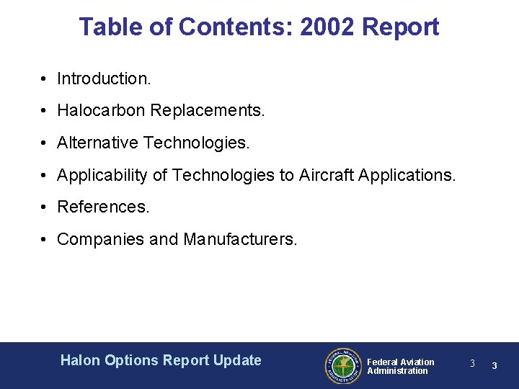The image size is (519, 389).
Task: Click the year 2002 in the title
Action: (x=328, y=27)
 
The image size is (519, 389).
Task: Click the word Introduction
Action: (x=104, y=79)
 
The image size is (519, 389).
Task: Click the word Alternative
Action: (x=97, y=143)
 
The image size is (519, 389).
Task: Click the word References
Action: (x=103, y=207)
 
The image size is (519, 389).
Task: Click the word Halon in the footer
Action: (x=81, y=360)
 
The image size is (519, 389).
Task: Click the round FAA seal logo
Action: (x=342, y=366)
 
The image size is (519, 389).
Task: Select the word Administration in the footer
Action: (x=397, y=371)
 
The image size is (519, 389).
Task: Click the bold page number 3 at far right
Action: (x=494, y=366)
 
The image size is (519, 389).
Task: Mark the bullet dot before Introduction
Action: (x=45, y=79)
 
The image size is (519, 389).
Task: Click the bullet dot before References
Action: (x=45, y=207)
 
